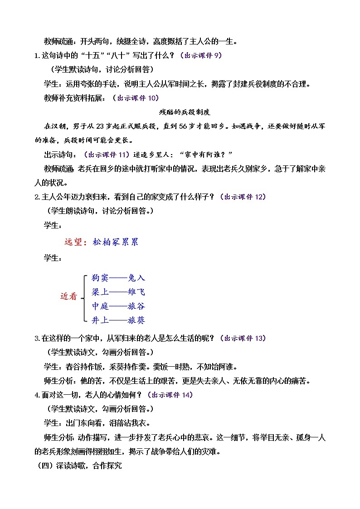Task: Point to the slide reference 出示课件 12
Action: coord(242,197)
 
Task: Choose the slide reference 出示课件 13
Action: coord(242,338)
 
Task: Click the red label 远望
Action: coord(75,242)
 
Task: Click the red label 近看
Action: coord(69,296)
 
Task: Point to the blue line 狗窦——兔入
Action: coord(118,278)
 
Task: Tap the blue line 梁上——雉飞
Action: coord(118,292)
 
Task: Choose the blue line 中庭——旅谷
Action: coord(118,306)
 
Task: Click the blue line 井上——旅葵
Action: coord(118,320)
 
